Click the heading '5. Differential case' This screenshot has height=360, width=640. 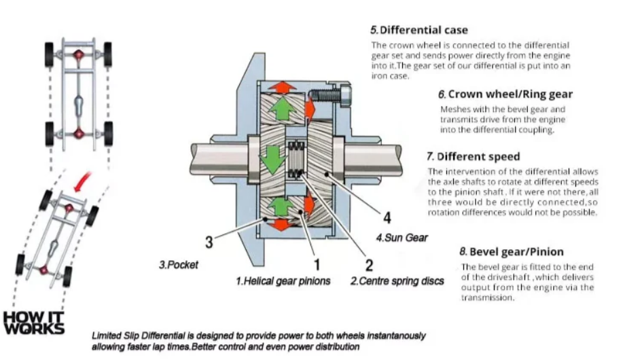[x=419, y=30]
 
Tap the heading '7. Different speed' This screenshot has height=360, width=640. [x=473, y=157]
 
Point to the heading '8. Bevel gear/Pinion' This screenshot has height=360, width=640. [x=512, y=252]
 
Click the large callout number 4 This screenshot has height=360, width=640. [x=387, y=217]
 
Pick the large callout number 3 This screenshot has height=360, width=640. [x=209, y=242]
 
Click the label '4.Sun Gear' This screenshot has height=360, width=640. [x=402, y=238]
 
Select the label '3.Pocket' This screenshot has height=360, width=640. [x=179, y=264]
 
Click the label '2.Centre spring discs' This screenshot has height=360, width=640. [x=397, y=281]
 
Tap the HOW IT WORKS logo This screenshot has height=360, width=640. [x=33, y=323]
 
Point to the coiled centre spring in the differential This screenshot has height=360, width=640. [x=296, y=160]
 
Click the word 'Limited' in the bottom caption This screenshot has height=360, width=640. [x=106, y=336]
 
